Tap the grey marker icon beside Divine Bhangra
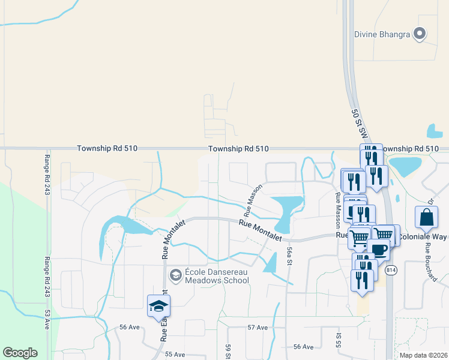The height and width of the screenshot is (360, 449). [x=420, y=34]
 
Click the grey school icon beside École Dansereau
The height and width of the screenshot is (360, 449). [x=176, y=275]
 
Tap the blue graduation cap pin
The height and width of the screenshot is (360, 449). [x=159, y=306]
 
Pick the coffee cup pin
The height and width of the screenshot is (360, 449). [x=378, y=249]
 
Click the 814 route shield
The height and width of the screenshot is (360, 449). [x=391, y=269]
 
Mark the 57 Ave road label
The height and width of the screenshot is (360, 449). [x=257, y=328]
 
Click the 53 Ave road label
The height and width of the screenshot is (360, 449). [x=47, y=320]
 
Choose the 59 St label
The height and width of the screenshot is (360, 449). [x=228, y=352]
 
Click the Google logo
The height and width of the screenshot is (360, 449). [x=20, y=353]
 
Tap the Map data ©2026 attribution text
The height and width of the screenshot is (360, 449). [x=423, y=355]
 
